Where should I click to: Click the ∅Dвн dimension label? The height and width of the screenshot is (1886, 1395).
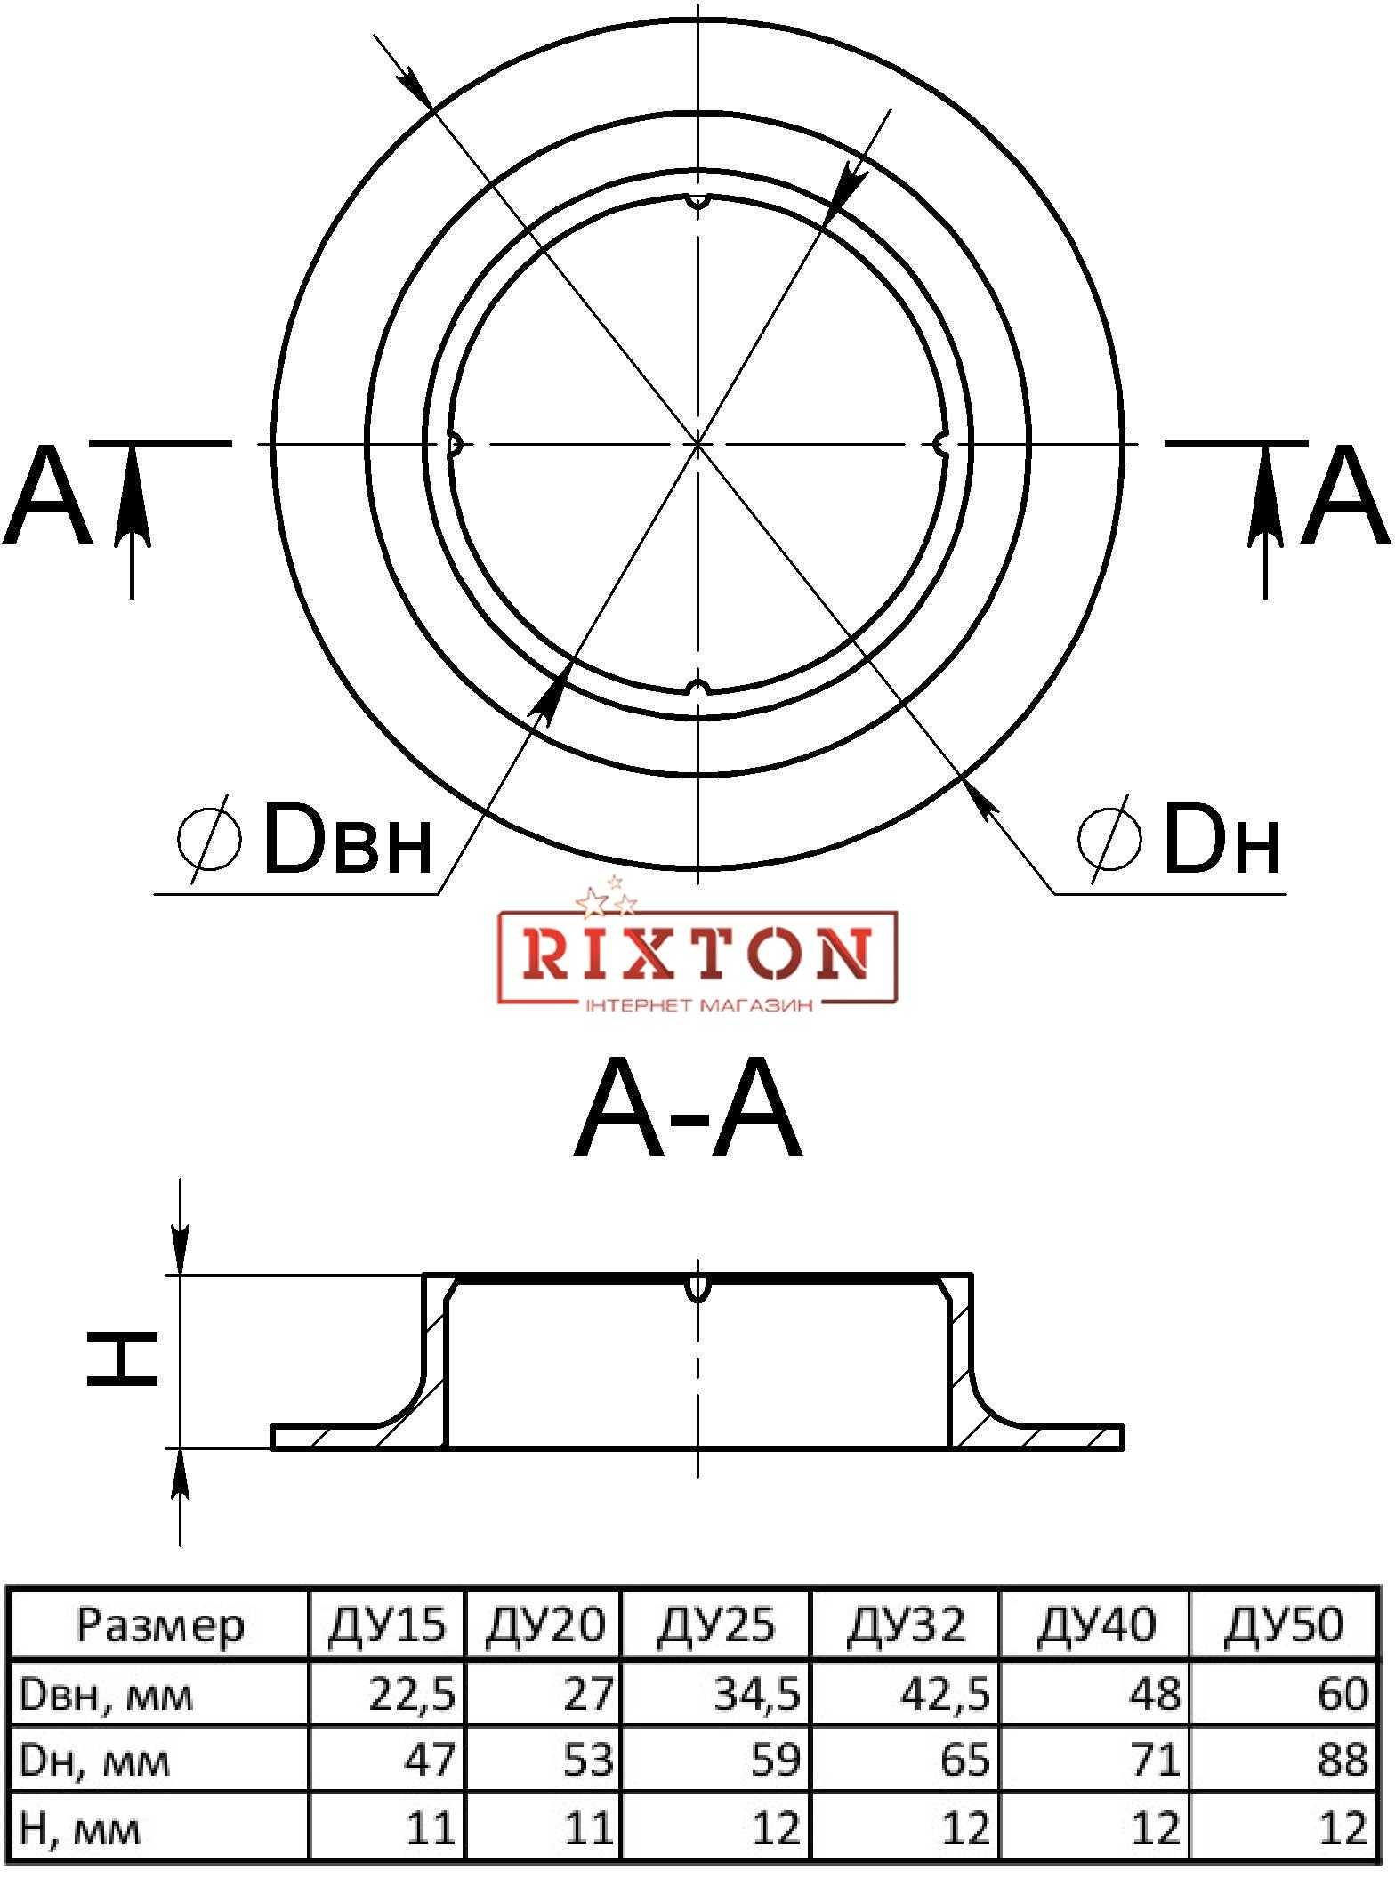pos(304,839)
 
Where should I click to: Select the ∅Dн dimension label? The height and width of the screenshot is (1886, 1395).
pos(1180,839)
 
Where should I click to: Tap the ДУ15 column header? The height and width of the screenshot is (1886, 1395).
pos(386,1625)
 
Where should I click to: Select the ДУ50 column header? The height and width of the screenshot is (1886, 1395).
pos(1283,1625)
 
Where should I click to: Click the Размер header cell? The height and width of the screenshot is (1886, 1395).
pos(160,1625)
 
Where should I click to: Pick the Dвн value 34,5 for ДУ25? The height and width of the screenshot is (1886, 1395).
pos(757,1694)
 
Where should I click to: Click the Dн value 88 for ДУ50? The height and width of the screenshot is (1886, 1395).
pos(1342,1759)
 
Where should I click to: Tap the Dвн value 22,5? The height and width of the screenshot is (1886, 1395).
pos(412,1694)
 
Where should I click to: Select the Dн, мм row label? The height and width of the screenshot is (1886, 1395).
pos(93,1760)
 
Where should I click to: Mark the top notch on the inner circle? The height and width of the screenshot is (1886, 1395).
pos(699,202)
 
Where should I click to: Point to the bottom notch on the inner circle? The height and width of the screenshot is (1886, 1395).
pos(699,687)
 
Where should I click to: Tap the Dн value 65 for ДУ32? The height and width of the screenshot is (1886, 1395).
pos(964,1759)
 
